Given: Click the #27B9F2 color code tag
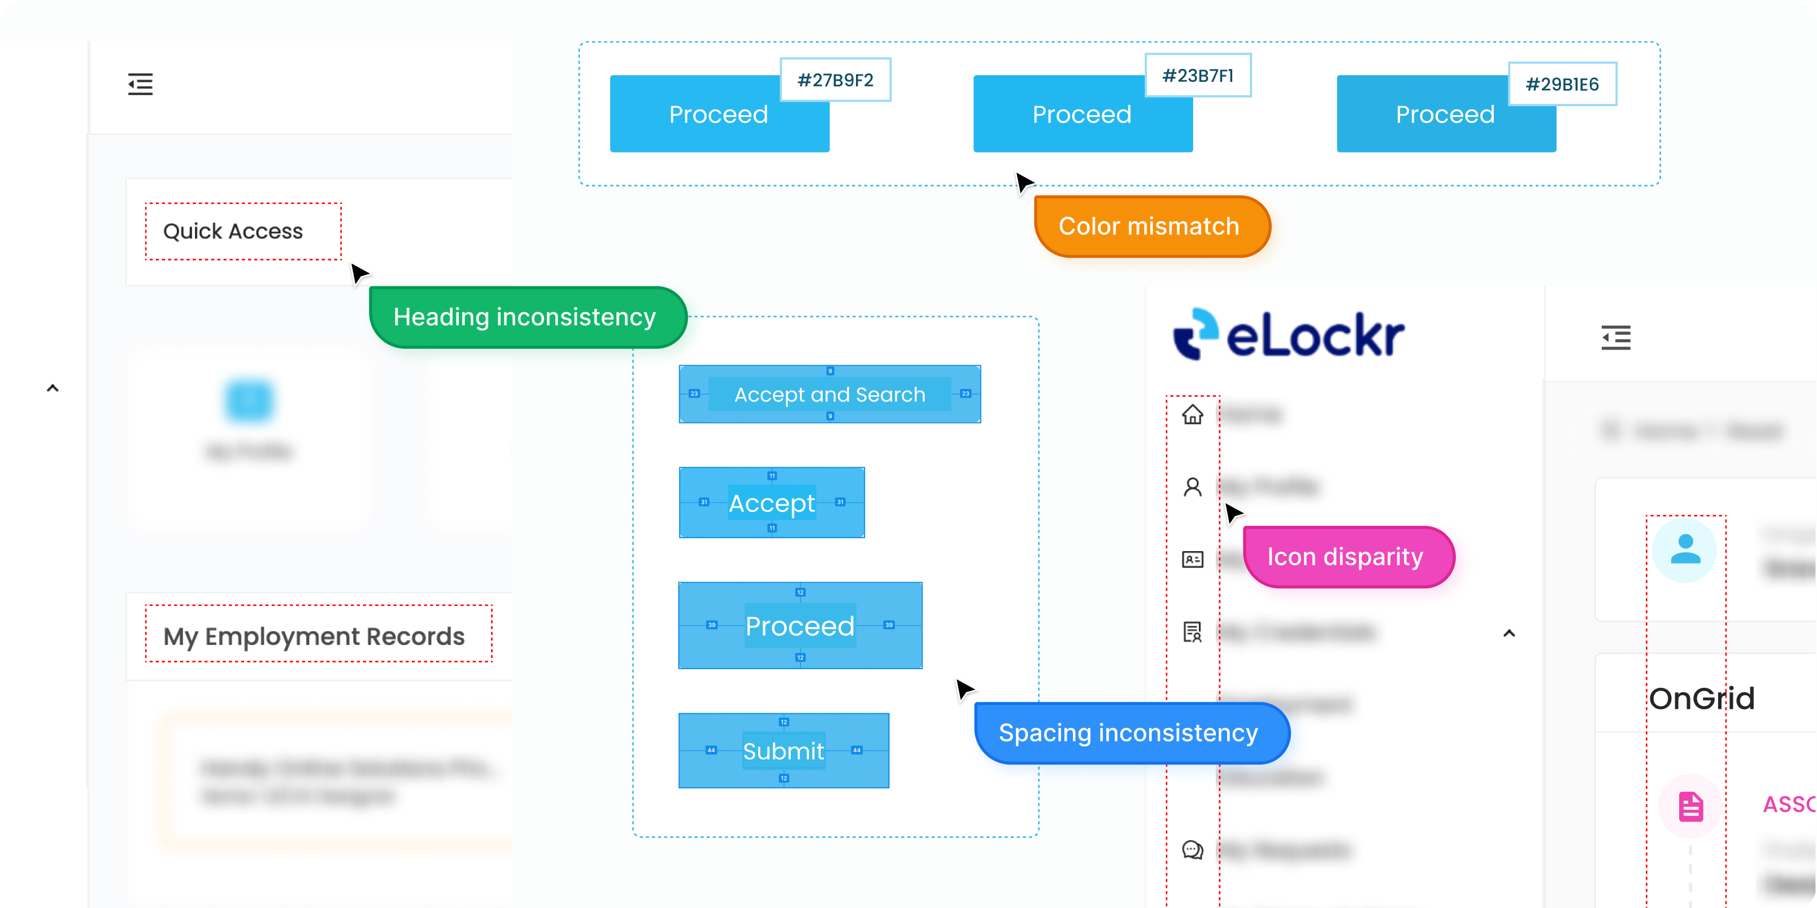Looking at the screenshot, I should pos(835,80).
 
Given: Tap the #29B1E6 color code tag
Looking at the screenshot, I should pos(1562,84).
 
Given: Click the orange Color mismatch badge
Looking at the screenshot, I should pos(1149,226).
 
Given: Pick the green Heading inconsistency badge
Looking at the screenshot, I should pos(525,317).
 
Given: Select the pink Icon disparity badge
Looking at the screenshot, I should pos(1346,557).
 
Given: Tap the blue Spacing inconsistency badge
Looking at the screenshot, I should pos(1129,733).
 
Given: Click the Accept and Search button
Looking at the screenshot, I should pos(829,394).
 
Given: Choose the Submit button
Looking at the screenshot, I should pos(783,751).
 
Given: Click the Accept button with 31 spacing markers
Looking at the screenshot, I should pos(772,503).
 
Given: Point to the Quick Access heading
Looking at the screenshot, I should pos(233,231).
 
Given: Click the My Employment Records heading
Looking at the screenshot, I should pos(314,636).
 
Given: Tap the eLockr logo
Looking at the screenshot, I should pos(1288,335).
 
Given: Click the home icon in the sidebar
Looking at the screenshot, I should pos(1193,414).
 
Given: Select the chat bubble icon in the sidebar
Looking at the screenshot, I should pos(1193,850).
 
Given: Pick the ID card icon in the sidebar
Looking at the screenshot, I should pos(1193,560).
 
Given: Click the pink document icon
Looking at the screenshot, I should pos(1690,806).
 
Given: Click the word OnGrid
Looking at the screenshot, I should pos(1701,699).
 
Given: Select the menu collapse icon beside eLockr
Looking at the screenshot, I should pos(1616,338).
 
